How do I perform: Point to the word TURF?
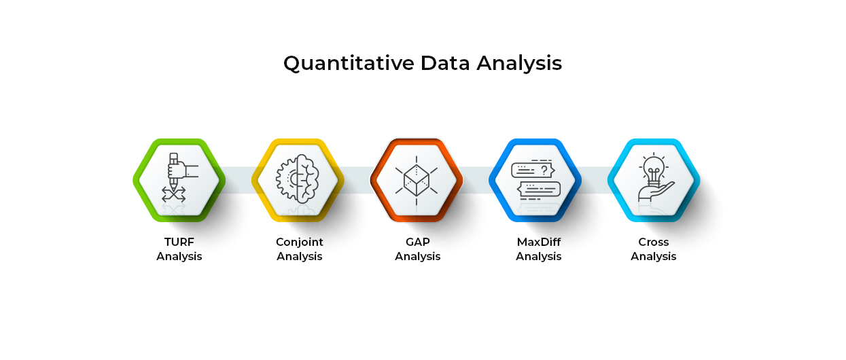(x=179, y=242)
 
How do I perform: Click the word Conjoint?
(x=300, y=242)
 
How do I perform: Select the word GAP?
(x=417, y=242)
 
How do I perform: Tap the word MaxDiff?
(x=538, y=242)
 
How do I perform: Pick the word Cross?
(x=654, y=242)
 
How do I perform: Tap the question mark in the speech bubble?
(x=544, y=170)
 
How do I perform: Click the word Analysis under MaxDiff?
(x=538, y=257)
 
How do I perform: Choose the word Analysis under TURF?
(x=179, y=257)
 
